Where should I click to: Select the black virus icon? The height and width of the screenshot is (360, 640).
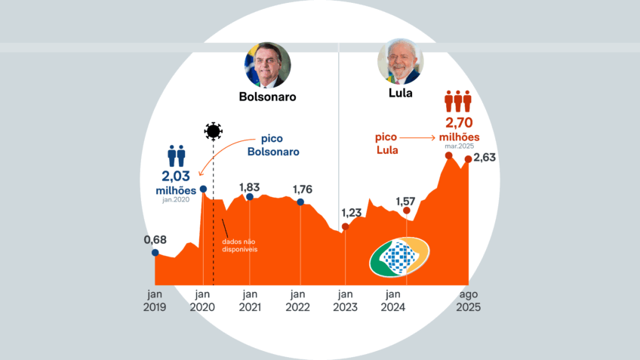pos(214,132)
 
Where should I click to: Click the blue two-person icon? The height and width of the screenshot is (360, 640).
pos(177,156)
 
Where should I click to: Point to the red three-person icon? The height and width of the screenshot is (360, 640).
pos(457,101)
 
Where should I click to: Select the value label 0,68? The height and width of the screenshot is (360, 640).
pos(155,239)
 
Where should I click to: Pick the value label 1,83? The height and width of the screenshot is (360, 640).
pos(250,187)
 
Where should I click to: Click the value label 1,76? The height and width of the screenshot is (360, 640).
pos(301,189)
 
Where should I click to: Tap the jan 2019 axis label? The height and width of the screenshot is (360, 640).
pos(155,301)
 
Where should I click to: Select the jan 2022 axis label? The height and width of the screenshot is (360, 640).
pos(297,301)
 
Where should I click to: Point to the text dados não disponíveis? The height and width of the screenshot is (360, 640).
pos(241,245)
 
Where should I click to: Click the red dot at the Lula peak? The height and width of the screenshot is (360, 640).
pos(448,155)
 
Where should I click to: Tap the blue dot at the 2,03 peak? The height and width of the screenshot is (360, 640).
pos(203,188)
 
